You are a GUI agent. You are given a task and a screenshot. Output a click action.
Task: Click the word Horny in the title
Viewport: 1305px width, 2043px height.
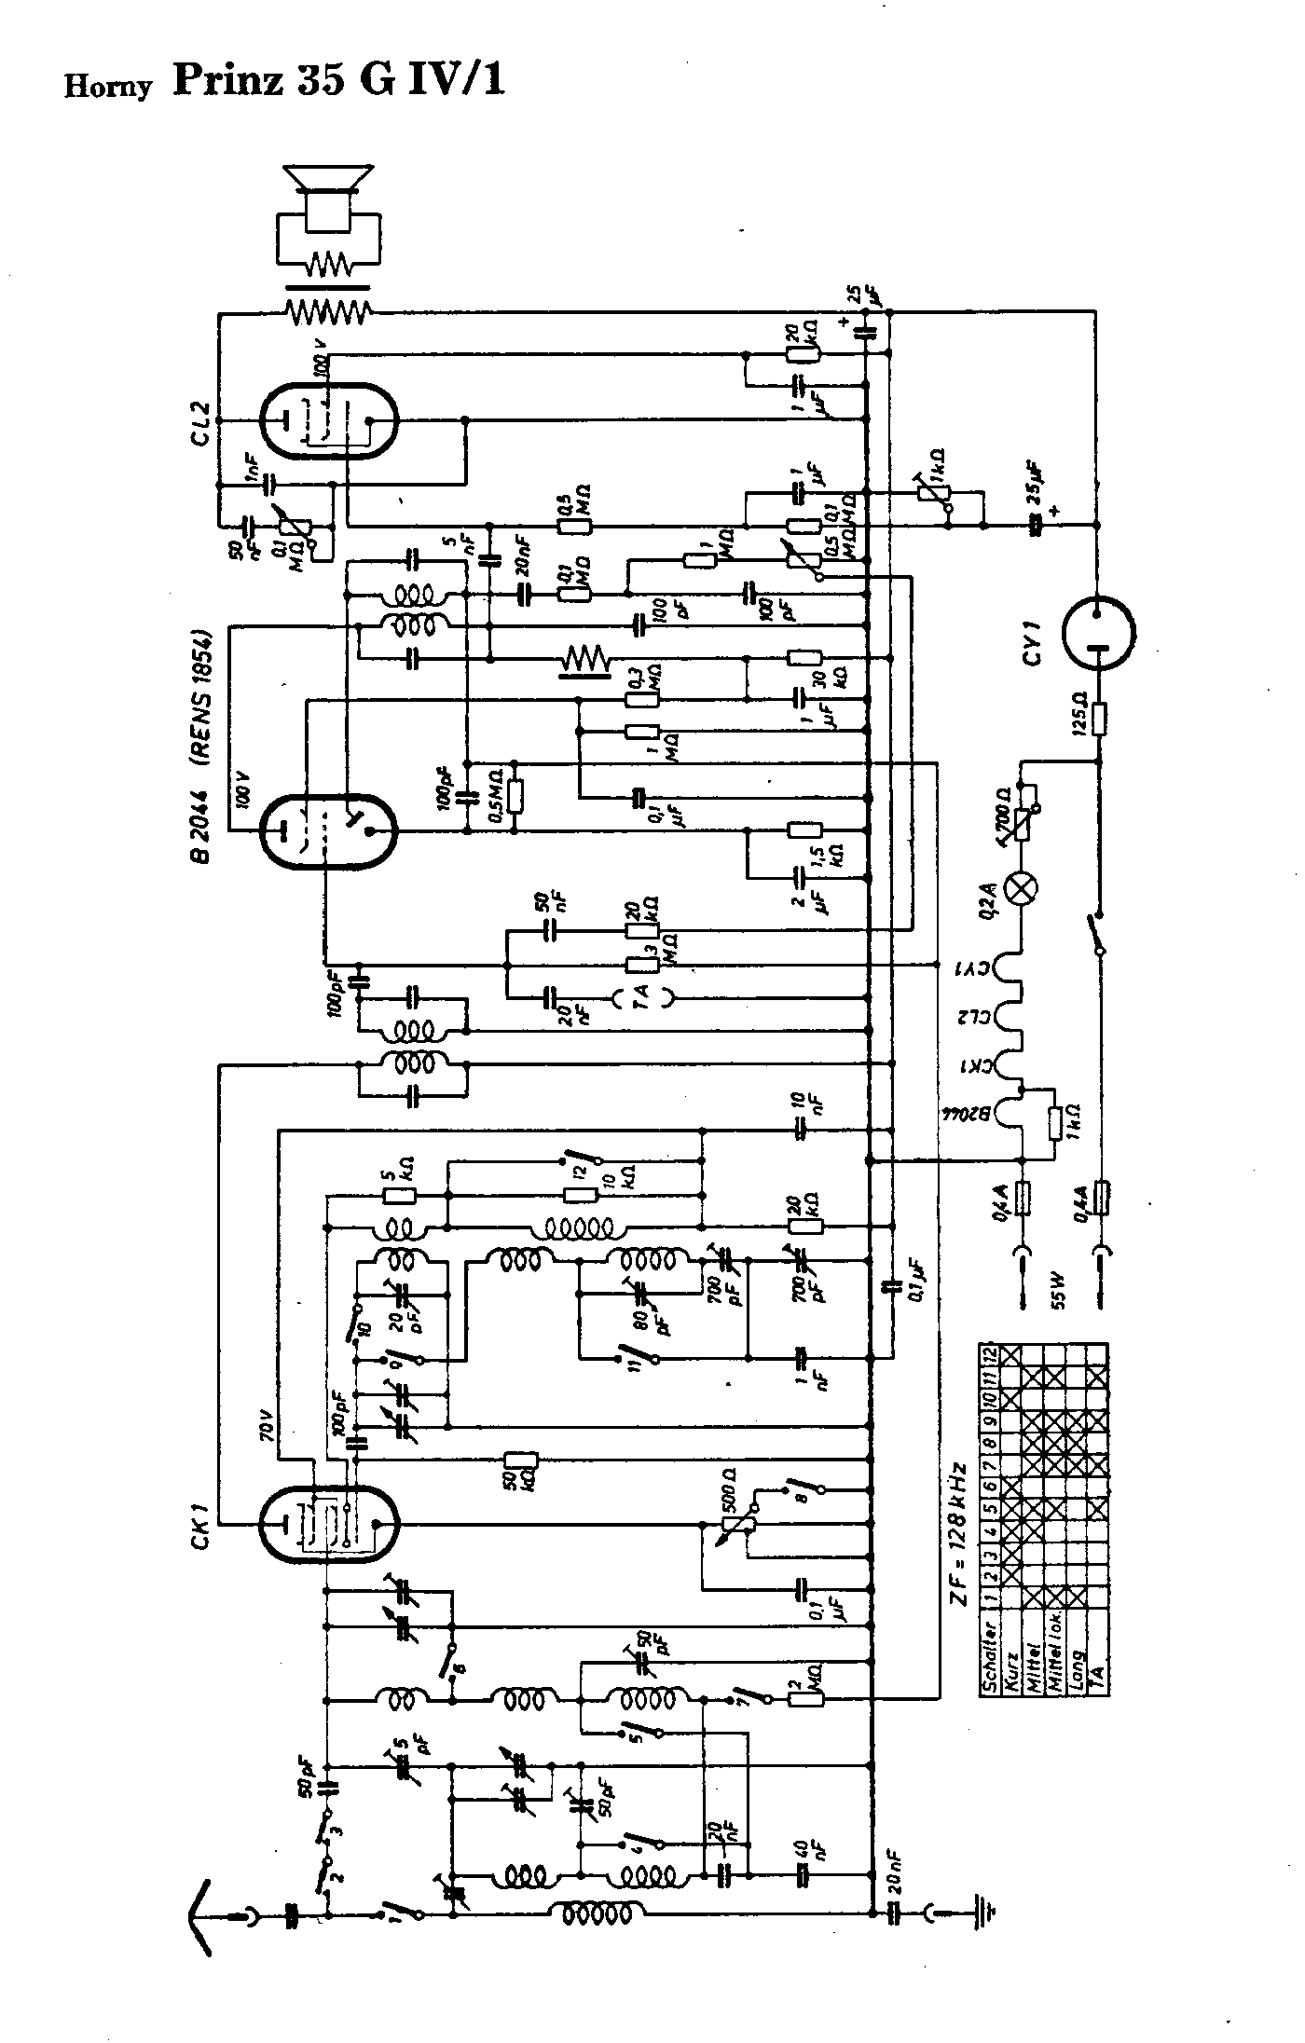[107, 87]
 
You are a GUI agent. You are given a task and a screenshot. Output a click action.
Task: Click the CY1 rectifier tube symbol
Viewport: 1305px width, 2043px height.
[1099, 633]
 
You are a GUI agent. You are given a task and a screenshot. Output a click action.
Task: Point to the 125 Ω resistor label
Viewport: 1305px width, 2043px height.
[1078, 718]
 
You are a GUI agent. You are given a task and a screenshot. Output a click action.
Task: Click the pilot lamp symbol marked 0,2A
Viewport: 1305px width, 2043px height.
[1023, 885]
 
